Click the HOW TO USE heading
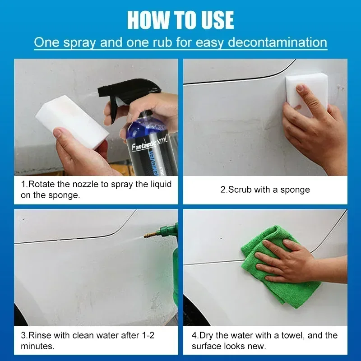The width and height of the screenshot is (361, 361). point(180,20)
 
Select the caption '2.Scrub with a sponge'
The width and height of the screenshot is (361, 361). point(265,190)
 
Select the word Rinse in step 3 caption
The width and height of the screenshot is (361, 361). point(41,335)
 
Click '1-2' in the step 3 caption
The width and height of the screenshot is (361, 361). point(153,335)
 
